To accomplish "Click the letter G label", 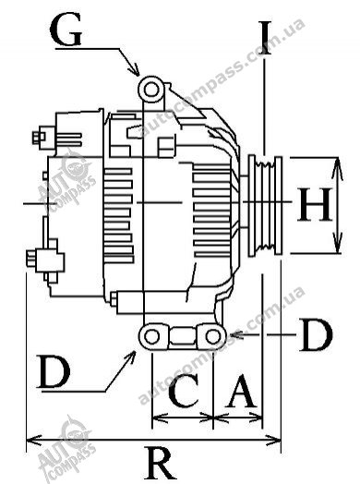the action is (66, 30).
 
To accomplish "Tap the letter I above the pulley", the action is (264, 38).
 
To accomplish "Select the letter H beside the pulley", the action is (315, 205).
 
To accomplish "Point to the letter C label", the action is (184, 390).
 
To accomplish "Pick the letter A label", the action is (241, 390).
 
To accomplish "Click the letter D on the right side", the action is (317, 335).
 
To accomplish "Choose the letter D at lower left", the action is (54, 370).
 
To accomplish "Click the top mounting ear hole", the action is (150, 91).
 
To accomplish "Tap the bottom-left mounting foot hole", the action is (151, 337).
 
